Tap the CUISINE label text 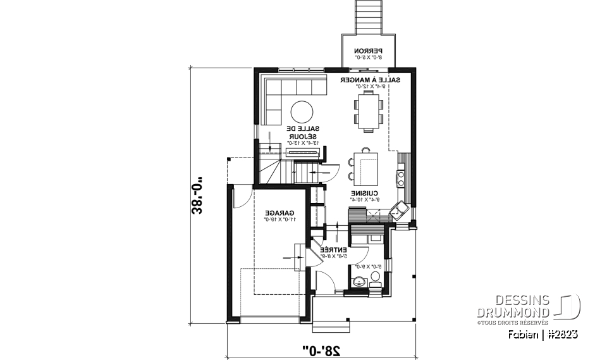(365, 194)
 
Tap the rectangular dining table (368, 111)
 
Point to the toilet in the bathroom (375, 278)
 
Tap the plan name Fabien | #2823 (543, 333)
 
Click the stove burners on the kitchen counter (401, 175)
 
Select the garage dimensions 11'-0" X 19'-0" (278, 220)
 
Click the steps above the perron (368, 16)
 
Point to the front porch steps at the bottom (331, 326)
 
